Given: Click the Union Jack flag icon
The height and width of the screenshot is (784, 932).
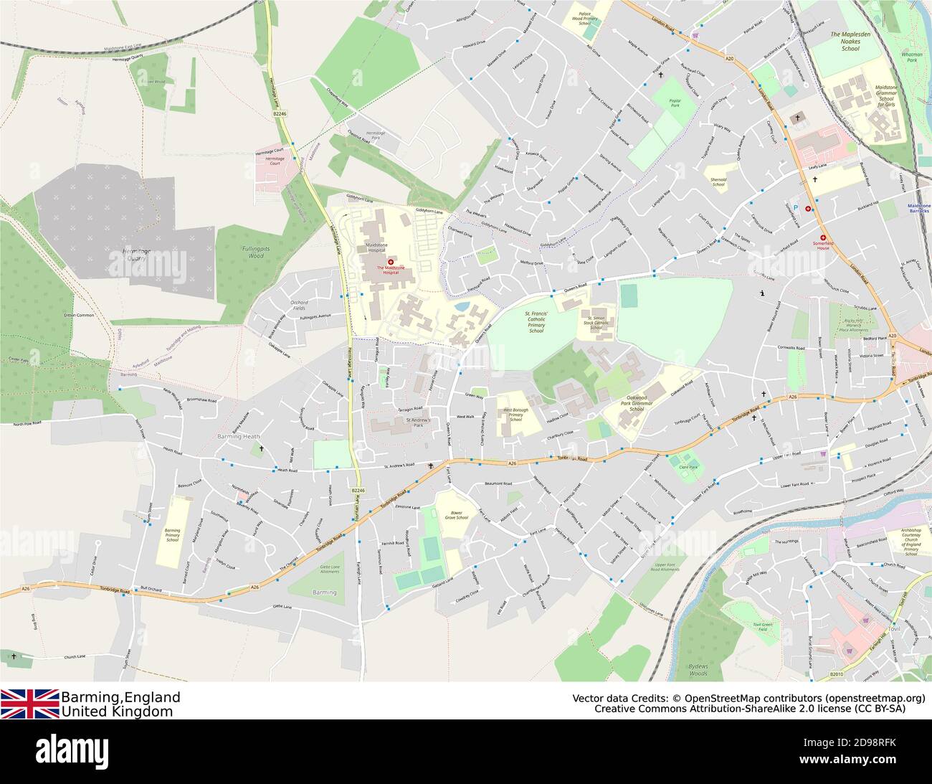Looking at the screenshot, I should pyautogui.click(x=30, y=703).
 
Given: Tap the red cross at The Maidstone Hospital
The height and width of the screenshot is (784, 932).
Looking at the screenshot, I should pyautogui.click(x=391, y=263).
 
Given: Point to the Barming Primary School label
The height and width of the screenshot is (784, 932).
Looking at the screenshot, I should pyautogui.click(x=172, y=534).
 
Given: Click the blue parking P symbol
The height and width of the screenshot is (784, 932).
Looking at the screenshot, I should pyautogui.click(x=794, y=205).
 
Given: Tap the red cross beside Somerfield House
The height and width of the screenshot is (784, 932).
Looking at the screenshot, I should pyautogui.click(x=823, y=237).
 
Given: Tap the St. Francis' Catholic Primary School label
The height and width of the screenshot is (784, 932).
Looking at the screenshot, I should pyautogui.click(x=536, y=322).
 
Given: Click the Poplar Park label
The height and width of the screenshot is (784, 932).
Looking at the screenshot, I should pyautogui.click(x=674, y=105).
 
